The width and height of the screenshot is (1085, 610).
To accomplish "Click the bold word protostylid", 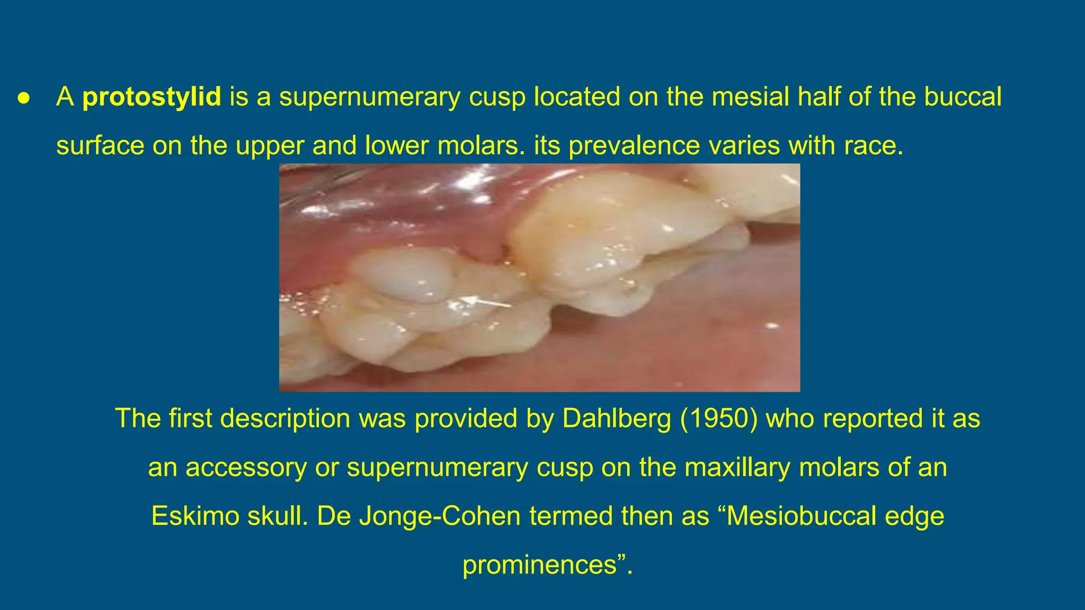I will (152, 97).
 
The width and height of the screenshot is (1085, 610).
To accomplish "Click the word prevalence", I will (634, 146).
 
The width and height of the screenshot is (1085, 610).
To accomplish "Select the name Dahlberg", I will (616, 418).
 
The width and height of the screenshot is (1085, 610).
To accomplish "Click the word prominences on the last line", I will (539, 564).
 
